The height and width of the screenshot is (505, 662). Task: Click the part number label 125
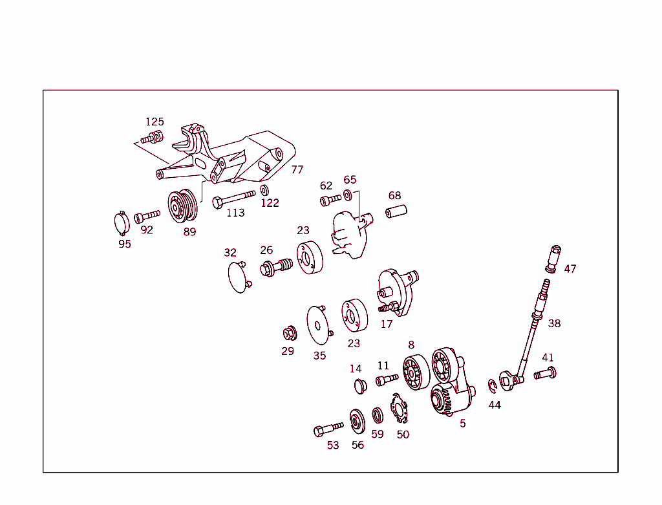tap(155, 122)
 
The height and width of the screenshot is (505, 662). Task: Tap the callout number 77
tap(297, 170)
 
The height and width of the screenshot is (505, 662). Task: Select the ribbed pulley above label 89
tap(183, 206)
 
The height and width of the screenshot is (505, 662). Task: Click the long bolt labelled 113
tap(233, 199)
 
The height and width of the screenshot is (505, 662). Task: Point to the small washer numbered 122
tap(264, 190)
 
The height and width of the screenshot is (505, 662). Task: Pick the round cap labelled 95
tap(122, 223)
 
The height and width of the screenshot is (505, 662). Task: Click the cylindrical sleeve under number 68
tap(396, 211)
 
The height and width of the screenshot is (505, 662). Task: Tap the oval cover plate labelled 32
tap(239, 276)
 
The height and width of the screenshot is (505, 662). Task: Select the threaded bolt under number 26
tap(276, 267)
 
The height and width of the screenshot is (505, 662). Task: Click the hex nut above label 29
tap(290, 334)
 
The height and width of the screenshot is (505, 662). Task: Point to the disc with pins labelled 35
tap(319, 325)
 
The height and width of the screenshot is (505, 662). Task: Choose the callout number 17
tap(387, 325)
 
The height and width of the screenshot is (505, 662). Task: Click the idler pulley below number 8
tap(416, 372)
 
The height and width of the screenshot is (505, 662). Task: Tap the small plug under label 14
tap(360, 386)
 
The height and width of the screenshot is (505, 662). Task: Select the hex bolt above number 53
tap(328, 428)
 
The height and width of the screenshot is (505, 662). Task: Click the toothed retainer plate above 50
tap(400, 408)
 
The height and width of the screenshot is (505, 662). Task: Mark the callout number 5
tap(463, 424)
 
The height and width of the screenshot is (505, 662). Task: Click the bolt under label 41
tap(545, 373)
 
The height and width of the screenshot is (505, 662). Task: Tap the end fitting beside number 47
tap(553, 259)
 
